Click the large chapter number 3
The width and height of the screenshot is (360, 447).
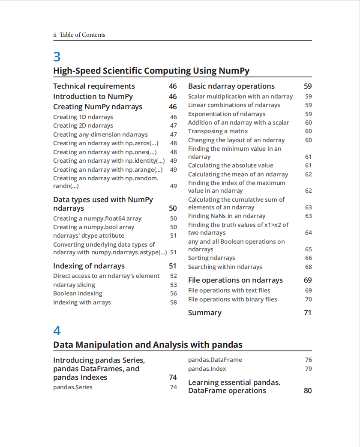click(57, 57)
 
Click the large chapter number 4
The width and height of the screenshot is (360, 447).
click(57, 331)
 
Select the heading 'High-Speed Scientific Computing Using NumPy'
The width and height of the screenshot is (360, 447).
click(151, 71)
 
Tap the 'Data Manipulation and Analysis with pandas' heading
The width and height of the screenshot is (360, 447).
click(148, 345)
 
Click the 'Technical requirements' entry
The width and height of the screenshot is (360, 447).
click(94, 86)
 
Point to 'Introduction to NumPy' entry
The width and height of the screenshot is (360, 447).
click(93, 96)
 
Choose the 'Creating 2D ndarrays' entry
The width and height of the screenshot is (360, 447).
click(83, 125)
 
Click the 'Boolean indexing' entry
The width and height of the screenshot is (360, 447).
click(78, 293)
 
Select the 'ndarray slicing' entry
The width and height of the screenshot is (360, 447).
click(74, 285)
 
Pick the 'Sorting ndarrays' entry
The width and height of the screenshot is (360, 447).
click(211, 258)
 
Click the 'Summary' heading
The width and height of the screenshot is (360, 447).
click(205, 313)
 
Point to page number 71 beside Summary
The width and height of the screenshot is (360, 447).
click(308, 313)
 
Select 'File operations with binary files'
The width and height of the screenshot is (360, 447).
click(232, 299)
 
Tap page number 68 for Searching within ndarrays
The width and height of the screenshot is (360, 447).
click(309, 267)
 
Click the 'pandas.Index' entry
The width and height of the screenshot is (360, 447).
click(207, 369)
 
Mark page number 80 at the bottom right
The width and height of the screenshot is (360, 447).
click(308, 390)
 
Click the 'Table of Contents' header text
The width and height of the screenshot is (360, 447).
click(82, 35)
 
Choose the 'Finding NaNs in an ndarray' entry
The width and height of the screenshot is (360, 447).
click(227, 216)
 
